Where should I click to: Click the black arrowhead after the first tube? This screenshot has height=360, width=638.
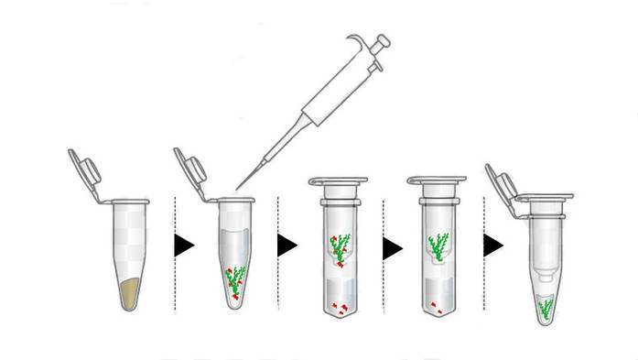[x=185, y=245]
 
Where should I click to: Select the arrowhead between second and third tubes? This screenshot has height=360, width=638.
[x=287, y=245]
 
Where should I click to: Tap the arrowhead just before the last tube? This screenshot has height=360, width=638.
[x=493, y=245]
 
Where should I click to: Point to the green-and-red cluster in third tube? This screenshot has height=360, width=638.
[x=339, y=248]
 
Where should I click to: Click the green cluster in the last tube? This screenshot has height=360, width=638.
[x=546, y=309]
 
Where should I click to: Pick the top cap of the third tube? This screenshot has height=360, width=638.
[x=338, y=183]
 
